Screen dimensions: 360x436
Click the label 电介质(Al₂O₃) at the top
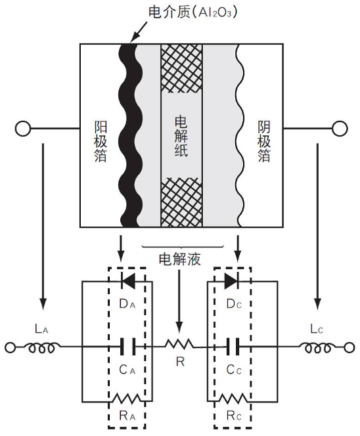(x=192, y=12)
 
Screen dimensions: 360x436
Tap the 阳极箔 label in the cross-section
(x=101, y=141)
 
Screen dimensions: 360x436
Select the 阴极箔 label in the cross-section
(x=263, y=141)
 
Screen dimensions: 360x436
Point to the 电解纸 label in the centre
(x=181, y=137)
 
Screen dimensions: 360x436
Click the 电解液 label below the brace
(x=180, y=259)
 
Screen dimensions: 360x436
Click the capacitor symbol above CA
(x=128, y=347)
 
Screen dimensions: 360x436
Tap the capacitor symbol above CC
(x=233, y=347)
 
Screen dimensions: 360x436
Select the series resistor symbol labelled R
(x=180, y=344)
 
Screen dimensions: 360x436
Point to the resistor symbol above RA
(x=127, y=399)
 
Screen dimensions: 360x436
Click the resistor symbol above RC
(x=233, y=399)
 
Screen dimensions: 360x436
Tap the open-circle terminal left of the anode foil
(x=23, y=129)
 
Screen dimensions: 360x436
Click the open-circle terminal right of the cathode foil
(x=340, y=129)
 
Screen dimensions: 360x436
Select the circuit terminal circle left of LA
(x=11, y=347)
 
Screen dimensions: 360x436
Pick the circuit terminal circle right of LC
(x=349, y=347)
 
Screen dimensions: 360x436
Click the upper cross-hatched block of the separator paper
(x=182, y=68)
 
